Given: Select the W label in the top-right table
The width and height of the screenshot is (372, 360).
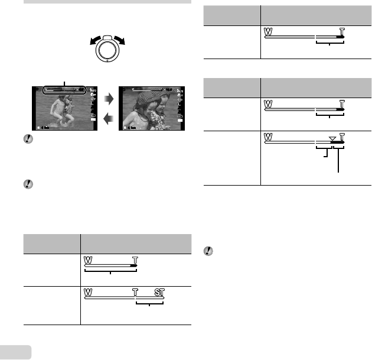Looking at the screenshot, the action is [269, 30].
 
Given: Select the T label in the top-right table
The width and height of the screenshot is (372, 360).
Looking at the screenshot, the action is [342, 30].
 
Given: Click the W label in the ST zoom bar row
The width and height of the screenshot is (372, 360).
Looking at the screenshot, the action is [89, 293].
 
